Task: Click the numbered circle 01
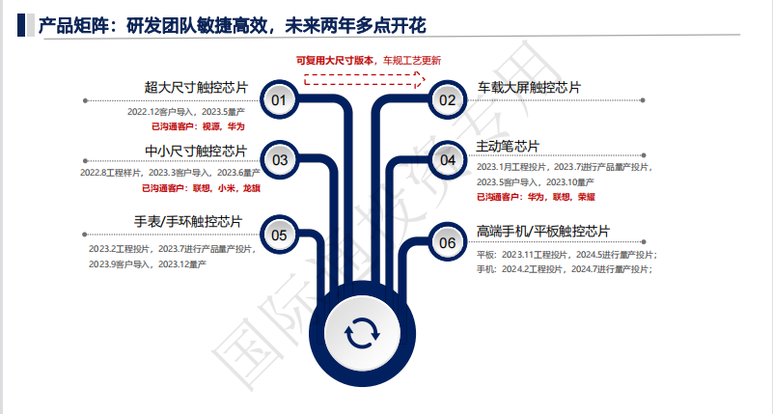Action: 279,99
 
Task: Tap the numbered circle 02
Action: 447,99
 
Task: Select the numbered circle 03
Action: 280,160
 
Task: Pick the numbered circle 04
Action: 447,160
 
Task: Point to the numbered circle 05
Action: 280,235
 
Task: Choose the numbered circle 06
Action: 447,242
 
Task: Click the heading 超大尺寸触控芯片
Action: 196,88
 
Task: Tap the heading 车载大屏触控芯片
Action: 529,88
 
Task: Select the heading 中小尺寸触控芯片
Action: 196,150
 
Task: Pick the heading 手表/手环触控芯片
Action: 188,223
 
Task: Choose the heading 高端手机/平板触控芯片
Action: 543,231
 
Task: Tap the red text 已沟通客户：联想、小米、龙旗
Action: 201,188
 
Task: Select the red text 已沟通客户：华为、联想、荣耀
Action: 535,196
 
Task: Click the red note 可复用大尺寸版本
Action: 337,60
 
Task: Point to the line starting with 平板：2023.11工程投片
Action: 566,255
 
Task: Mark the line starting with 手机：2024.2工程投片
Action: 565,269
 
